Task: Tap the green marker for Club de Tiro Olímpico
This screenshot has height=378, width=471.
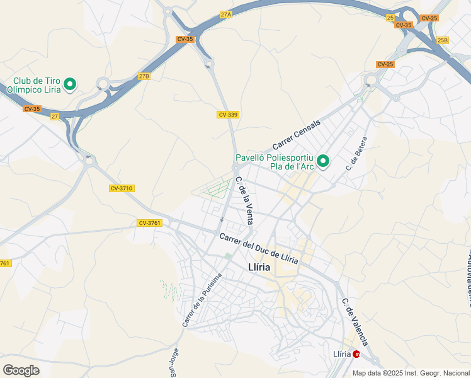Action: (x=71, y=83)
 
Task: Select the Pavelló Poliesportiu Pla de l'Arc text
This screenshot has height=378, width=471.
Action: (x=275, y=163)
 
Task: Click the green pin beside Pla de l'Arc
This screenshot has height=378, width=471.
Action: (x=324, y=162)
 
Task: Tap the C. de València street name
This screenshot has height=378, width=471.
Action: (x=355, y=322)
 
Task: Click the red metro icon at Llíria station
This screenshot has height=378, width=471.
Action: (x=356, y=354)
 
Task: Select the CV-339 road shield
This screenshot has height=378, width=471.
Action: (x=228, y=115)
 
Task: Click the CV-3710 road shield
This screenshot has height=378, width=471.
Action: (x=122, y=188)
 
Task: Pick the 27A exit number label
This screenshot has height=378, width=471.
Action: (x=226, y=14)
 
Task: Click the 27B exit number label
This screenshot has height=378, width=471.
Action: (x=145, y=76)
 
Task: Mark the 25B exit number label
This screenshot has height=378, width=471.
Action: (x=443, y=40)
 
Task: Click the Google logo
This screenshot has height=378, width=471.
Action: (x=21, y=370)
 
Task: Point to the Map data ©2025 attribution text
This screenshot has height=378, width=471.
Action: (x=411, y=373)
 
